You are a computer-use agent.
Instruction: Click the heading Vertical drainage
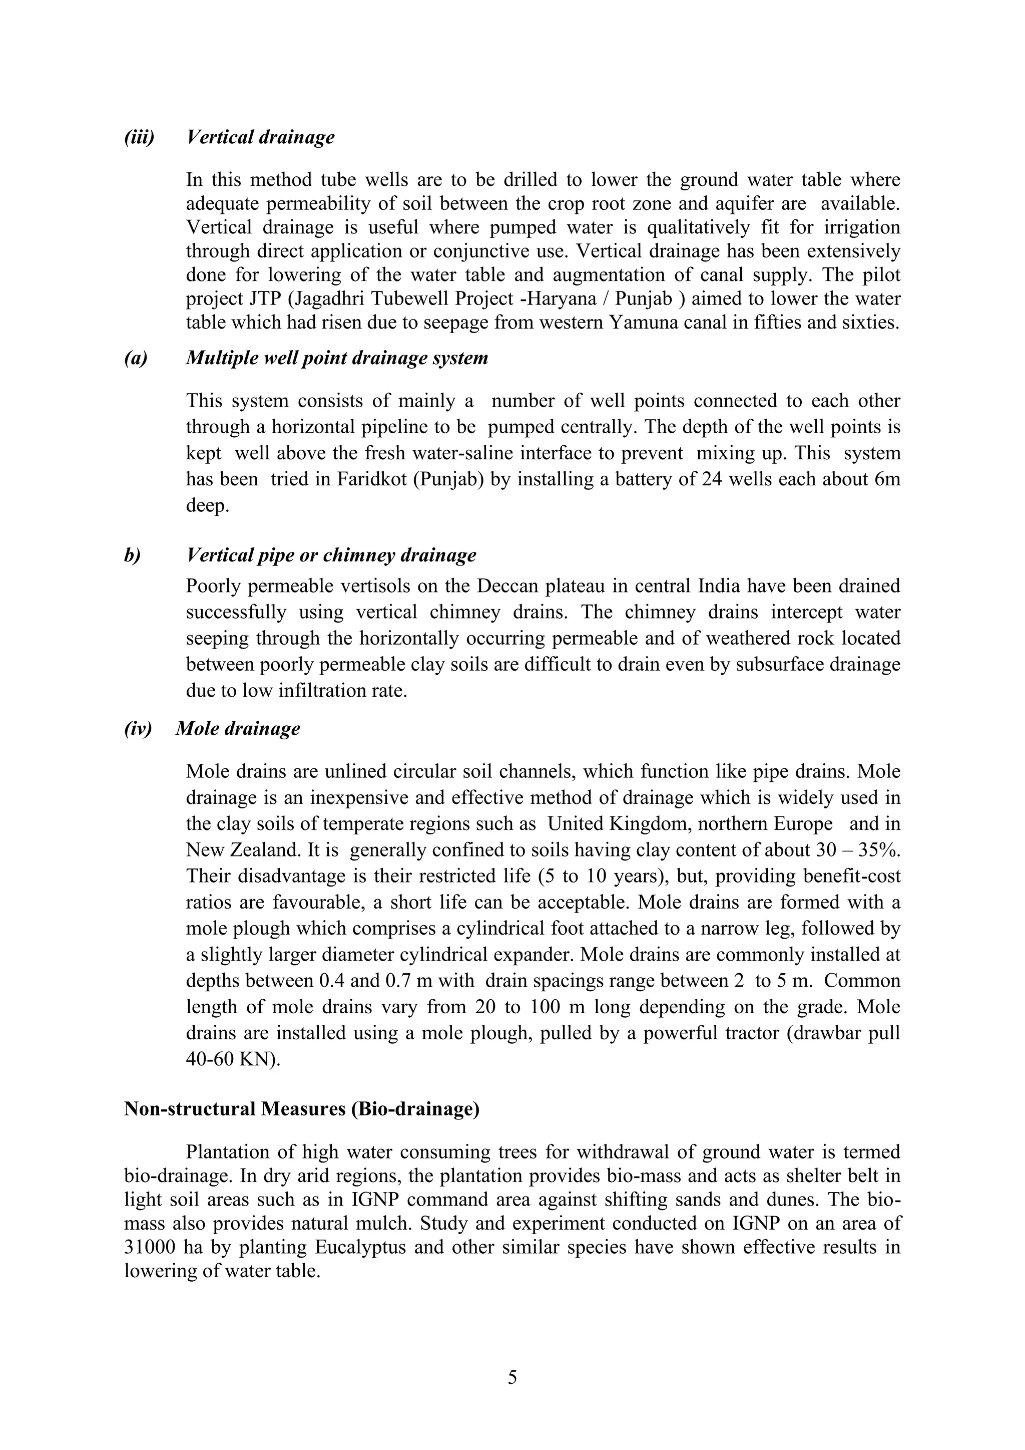coord(260,137)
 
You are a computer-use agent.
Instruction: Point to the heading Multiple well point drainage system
coord(337,358)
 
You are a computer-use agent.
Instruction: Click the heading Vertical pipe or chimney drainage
coord(331,555)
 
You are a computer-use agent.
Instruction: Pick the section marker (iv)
coord(138,728)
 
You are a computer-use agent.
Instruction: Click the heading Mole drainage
coord(238,728)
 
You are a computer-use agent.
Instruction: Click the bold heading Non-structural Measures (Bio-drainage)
coord(302,1109)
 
